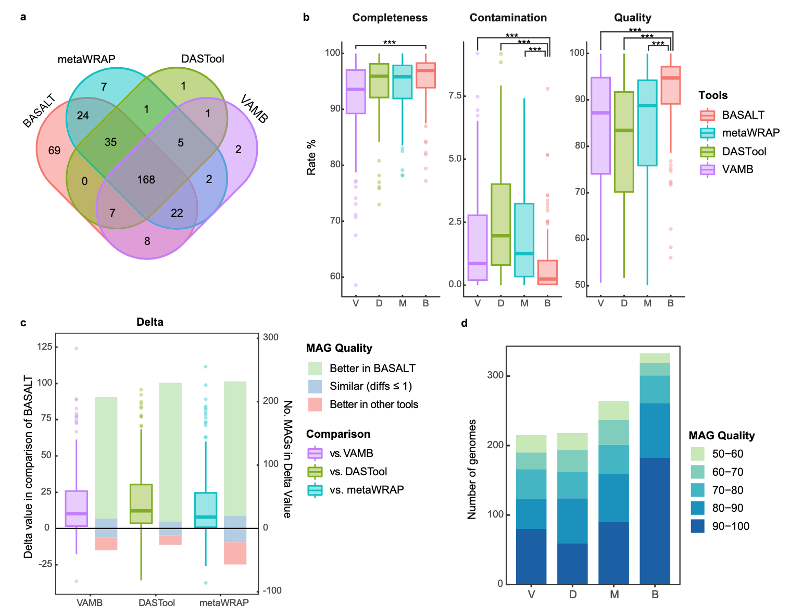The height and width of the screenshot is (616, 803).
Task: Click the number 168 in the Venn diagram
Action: click(146, 180)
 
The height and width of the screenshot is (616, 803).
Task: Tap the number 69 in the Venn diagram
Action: click(55, 151)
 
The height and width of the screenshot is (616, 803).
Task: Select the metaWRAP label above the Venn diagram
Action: click(86, 59)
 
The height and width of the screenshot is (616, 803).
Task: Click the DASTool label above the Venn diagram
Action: click(203, 59)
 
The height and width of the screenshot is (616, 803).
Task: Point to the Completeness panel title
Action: click(390, 18)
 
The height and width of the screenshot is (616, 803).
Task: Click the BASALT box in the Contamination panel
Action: click(547, 273)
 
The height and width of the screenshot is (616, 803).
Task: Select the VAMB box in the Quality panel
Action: click(600, 126)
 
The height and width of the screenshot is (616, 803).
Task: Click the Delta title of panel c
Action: click(150, 322)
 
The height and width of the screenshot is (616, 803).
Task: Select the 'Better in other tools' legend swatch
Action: click(315, 404)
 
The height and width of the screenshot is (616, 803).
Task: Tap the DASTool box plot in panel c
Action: click(141, 503)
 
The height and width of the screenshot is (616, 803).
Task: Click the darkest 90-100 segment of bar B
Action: click(655, 521)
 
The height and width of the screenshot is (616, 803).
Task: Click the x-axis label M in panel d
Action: click(614, 595)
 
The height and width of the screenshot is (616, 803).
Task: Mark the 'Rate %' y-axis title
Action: click(311, 157)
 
